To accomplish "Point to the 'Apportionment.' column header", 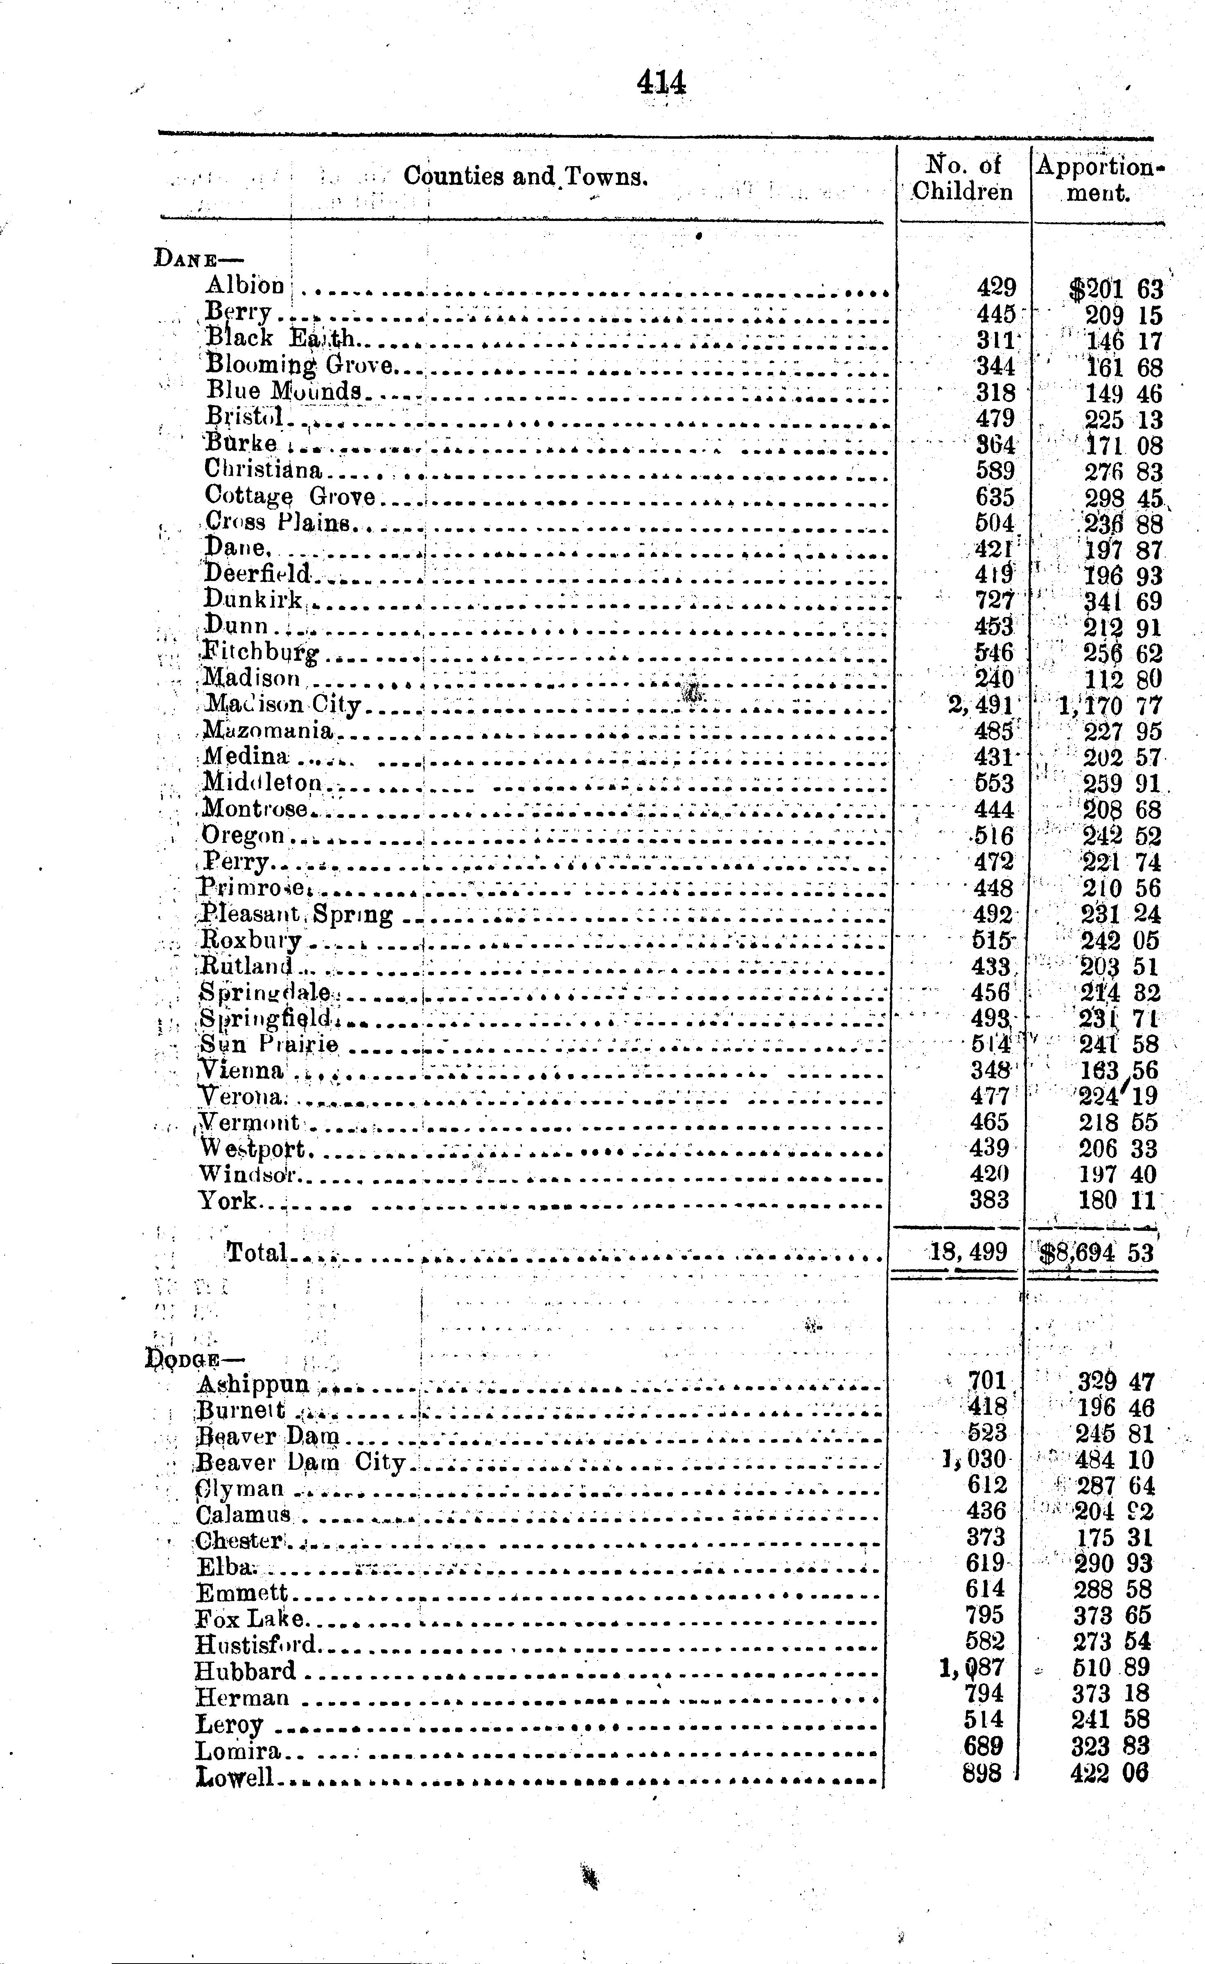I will pos(1099,178).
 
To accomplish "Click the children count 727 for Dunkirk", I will pos(995,600).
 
